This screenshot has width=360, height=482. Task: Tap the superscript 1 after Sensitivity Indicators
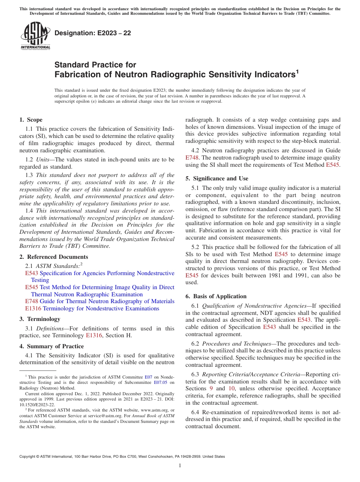[x=297, y=71]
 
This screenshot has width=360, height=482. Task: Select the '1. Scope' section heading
[x=31, y=120]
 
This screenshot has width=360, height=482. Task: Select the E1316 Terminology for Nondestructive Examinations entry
[x=89, y=308]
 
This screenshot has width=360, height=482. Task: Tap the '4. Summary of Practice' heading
[x=52, y=346]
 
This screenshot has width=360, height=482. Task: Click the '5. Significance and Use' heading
[x=217, y=178]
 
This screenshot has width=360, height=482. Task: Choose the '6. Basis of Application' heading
[x=216, y=296]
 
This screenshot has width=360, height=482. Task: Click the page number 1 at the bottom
[x=180, y=466]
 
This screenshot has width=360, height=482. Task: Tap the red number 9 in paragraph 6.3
[x=211, y=389]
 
